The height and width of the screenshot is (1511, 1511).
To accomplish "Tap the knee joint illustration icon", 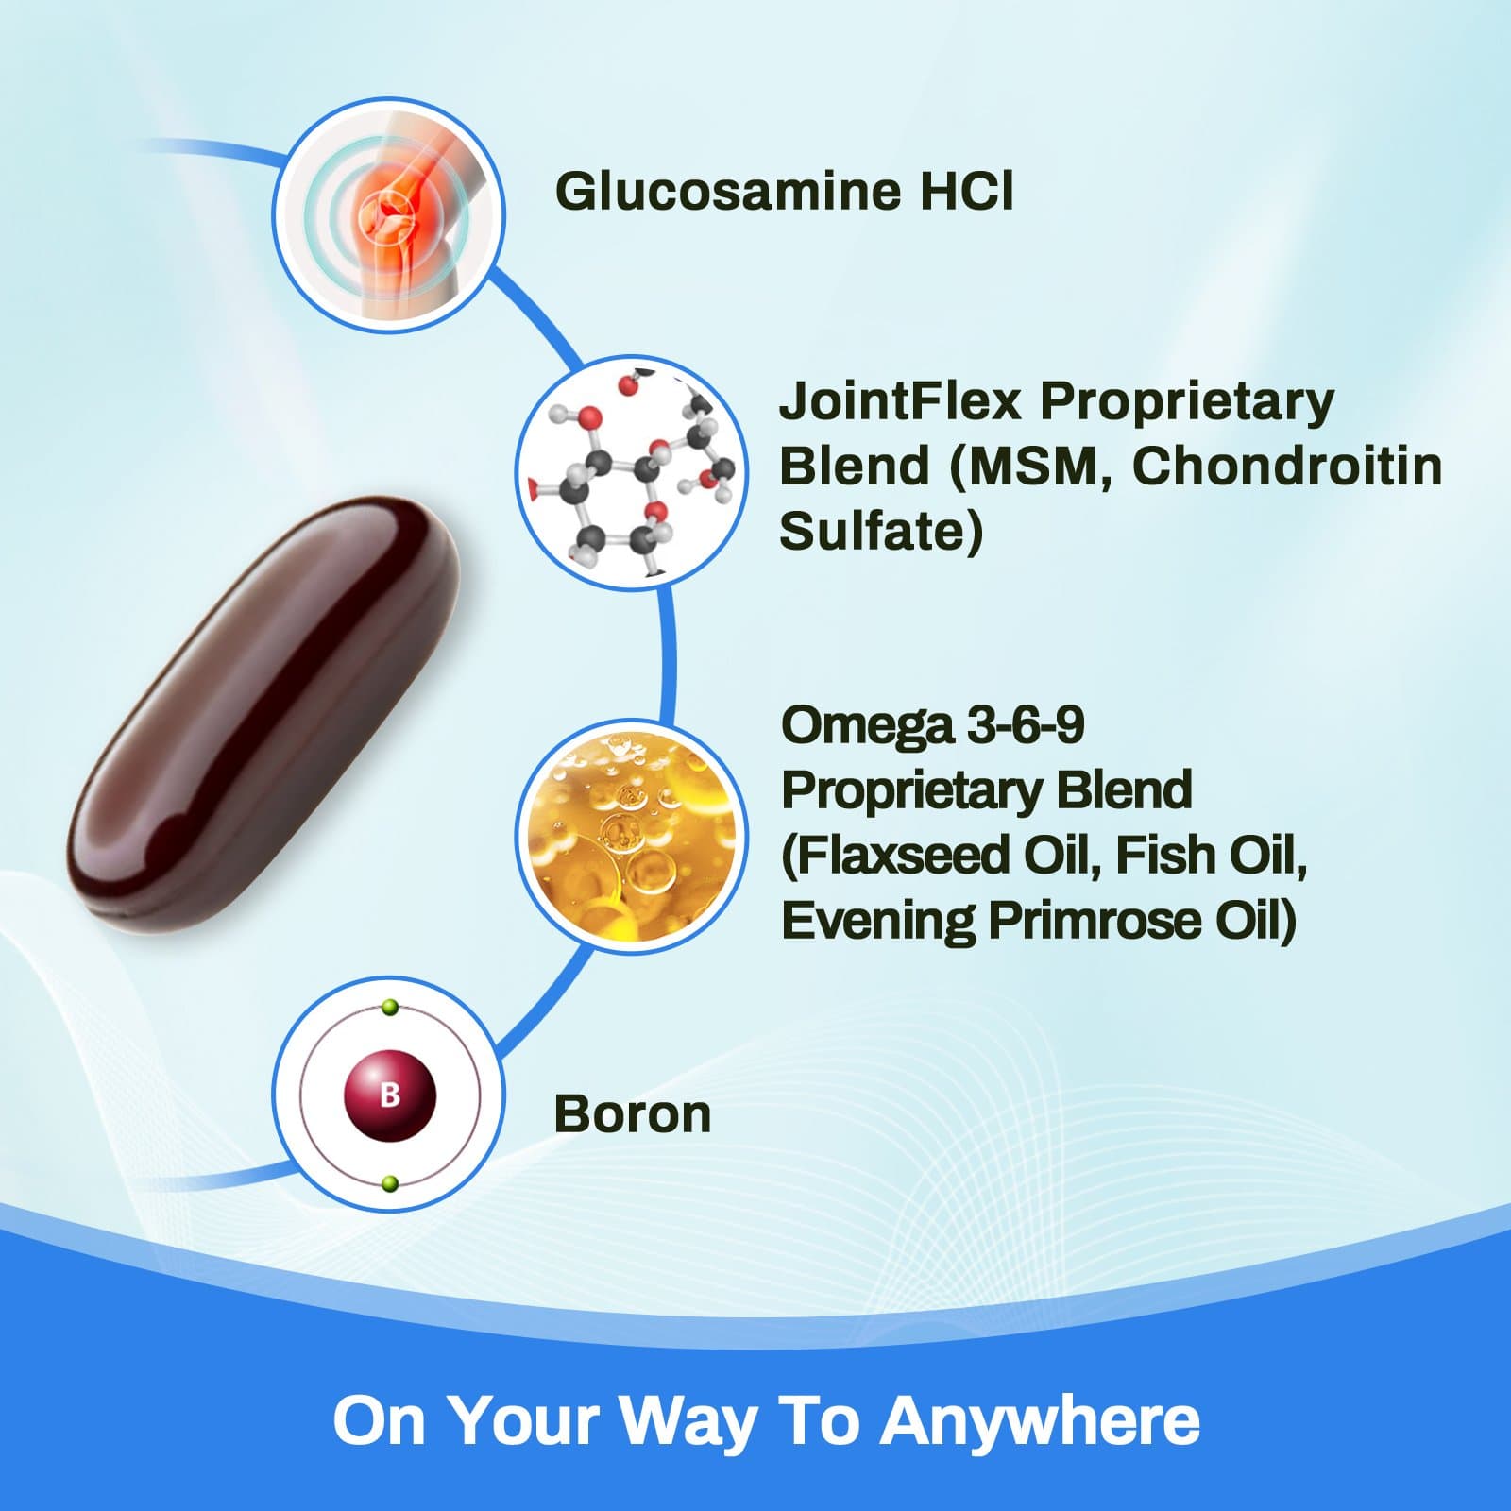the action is (388, 215).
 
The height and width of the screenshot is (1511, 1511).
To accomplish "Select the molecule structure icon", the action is (632, 472).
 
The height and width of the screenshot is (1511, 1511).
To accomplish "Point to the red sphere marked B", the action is (389, 1095).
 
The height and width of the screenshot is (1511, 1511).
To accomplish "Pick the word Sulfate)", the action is (881, 531).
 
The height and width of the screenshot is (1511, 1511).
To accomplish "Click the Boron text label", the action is (632, 1114).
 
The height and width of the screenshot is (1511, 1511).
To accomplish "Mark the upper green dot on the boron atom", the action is (390, 1008).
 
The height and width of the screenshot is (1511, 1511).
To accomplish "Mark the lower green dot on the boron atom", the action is (390, 1183).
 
